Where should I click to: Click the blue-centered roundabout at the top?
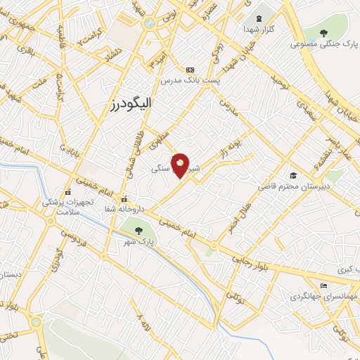tap(149, 23)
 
